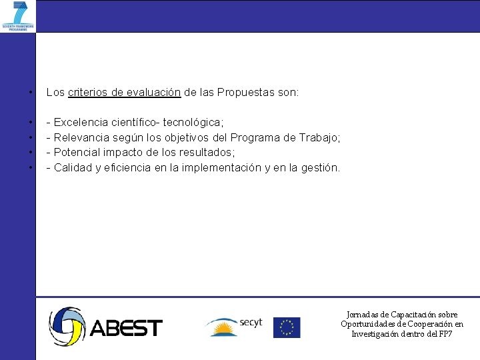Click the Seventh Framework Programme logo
(18, 16)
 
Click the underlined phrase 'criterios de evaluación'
(124, 93)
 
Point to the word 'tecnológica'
(193, 123)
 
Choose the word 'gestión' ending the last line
(321, 168)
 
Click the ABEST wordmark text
(126, 328)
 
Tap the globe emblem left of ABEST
(67, 326)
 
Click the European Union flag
(287, 327)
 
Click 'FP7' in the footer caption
(444, 333)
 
